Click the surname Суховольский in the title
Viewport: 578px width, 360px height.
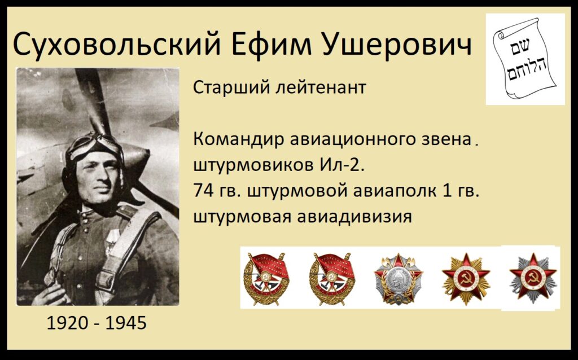tap(117, 43)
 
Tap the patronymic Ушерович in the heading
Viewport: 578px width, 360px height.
tap(397, 43)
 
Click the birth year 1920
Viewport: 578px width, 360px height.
tap(68, 323)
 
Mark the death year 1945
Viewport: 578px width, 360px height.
tap(126, 323)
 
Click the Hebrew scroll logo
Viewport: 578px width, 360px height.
tap(526, 59)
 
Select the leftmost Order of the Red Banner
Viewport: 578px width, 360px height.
tap(265, 279)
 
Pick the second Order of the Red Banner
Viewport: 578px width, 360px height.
tap(332, 279)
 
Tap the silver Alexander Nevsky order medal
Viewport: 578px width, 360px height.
tap(398, 279)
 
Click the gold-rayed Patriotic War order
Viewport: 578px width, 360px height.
tap(466, 279)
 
